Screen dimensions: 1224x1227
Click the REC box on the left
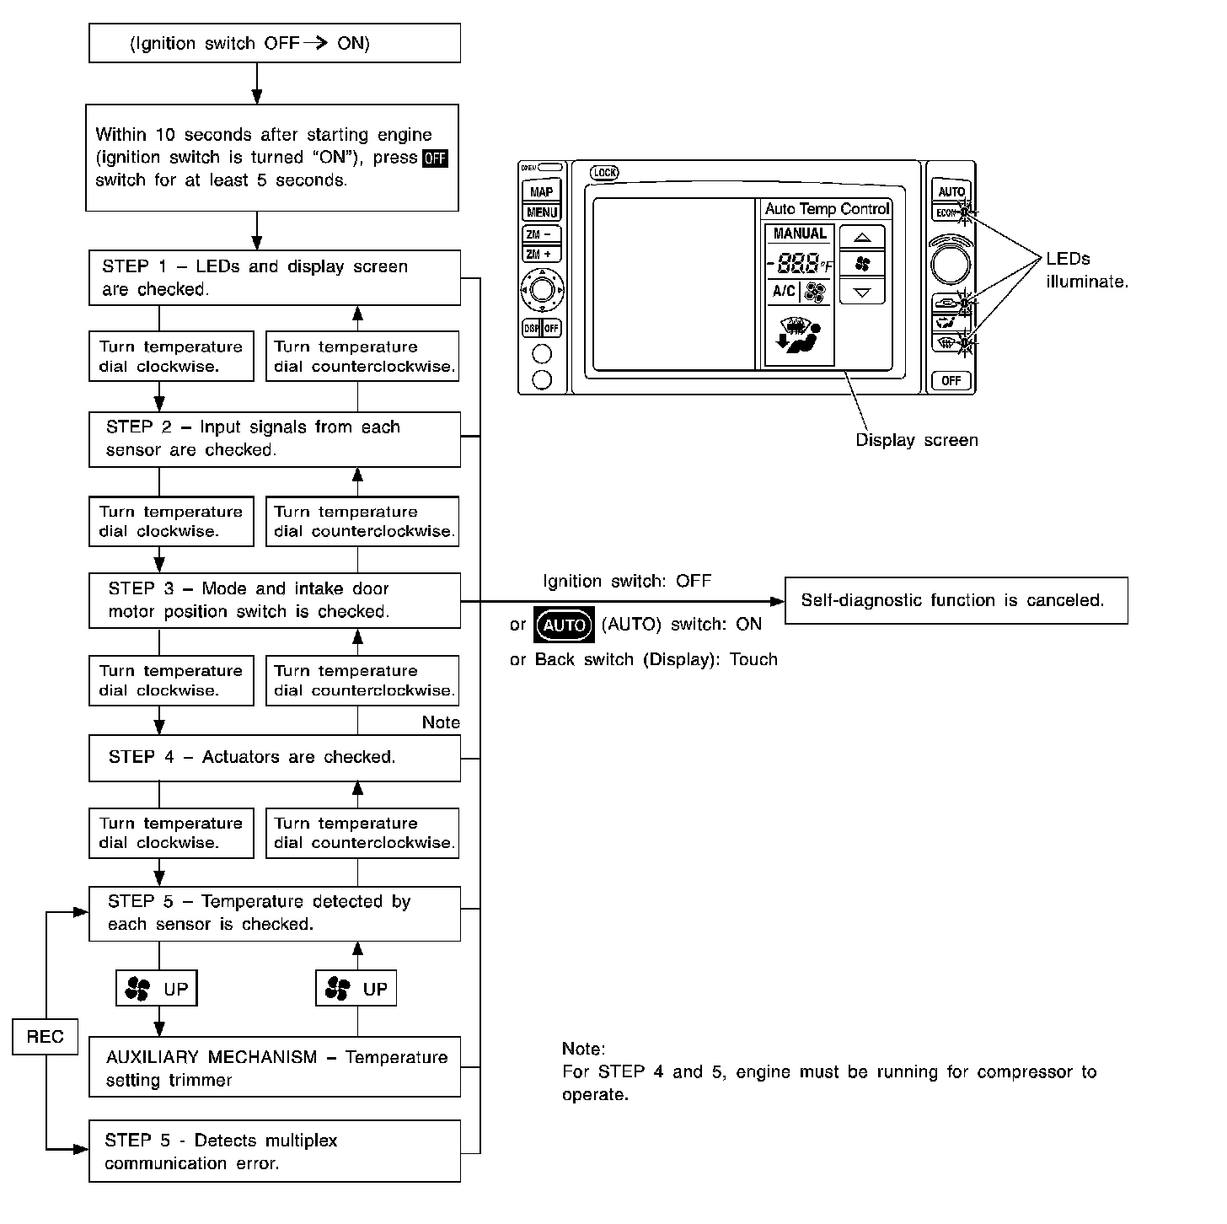pyautogui.click(x=45, y=1036)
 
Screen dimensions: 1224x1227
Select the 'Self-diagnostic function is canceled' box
pyautogui.click(x=956, y=600)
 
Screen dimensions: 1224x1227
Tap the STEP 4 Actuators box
pyautogui.click(x=275, y=757)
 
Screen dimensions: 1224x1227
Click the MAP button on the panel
pyautogui.click(x=541, y=191)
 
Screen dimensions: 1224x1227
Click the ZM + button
pyautogui.click(x=540, y=254)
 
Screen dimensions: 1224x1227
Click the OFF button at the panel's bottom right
pyautogui.click(x=951, y=381)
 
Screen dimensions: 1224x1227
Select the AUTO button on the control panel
pyautogui.click(x=951, y=191)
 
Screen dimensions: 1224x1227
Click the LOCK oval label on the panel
pyautogui.click(x=604, y=173)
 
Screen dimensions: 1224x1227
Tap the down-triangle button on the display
pyautogui.click(x=862, y=292)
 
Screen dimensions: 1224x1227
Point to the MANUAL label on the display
pyautogui.click(x=800, y=234)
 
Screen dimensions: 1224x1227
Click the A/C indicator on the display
pyautogui.click(x=784, y=292)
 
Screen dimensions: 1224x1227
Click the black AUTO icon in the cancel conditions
pyautogui.click(x=565, y=625)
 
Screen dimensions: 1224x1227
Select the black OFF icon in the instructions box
pyautogui.click(x=435, y=158)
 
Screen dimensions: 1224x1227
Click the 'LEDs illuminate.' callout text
pyautogui.click(x=1086, y=271)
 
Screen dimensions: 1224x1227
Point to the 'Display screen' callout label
pyautogui.click(x=916, y=440)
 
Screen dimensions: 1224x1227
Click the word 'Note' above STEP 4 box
pyautogui.click(x=441, y=722)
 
